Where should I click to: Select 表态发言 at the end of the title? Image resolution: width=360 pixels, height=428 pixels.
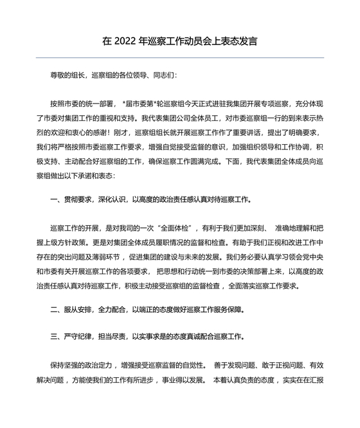click(x=238, y=41)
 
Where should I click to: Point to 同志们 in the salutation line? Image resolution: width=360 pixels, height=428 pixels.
click(x=154, y=75)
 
